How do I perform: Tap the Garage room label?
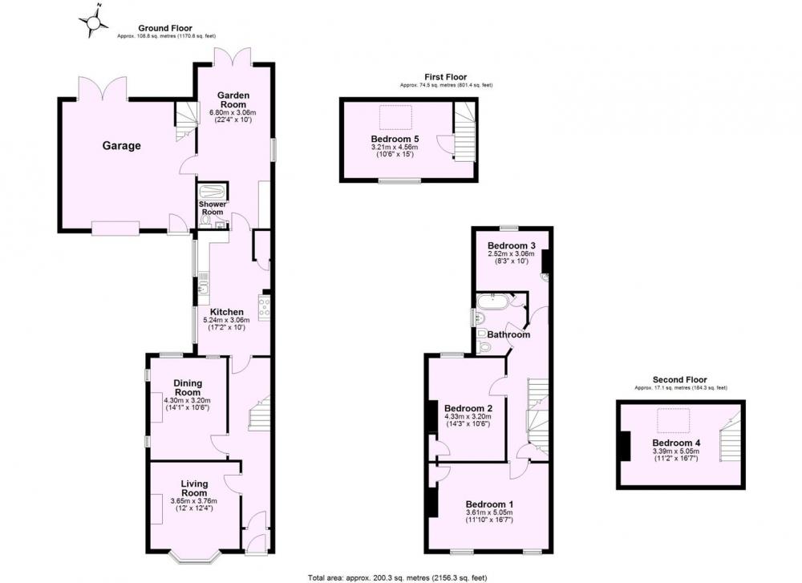tap(122, 146)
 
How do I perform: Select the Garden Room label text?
tap(233, 99)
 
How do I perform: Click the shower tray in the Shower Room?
tap(212, 192)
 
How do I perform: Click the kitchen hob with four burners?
tap(265, 307)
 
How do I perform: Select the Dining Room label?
tap(188, 387)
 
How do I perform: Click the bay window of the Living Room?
tap(194, 557)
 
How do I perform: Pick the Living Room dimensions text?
tap(194, 504)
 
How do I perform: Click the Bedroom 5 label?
tap(391, 139)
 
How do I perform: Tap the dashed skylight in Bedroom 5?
tap(395, 117)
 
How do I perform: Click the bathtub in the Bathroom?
tap(493, 302)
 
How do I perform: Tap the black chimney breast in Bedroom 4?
tap(624, 447)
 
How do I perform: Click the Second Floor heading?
tap(680, 379)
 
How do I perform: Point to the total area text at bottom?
tap(398, 578)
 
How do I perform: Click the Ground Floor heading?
tap(165, 28)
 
